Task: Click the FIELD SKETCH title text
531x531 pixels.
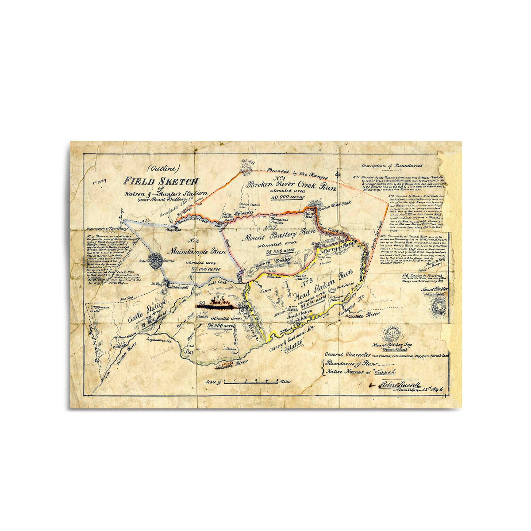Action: coord(162,181)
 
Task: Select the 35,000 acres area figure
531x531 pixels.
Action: coord(281,250)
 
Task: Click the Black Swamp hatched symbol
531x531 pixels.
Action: coord(156,260)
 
